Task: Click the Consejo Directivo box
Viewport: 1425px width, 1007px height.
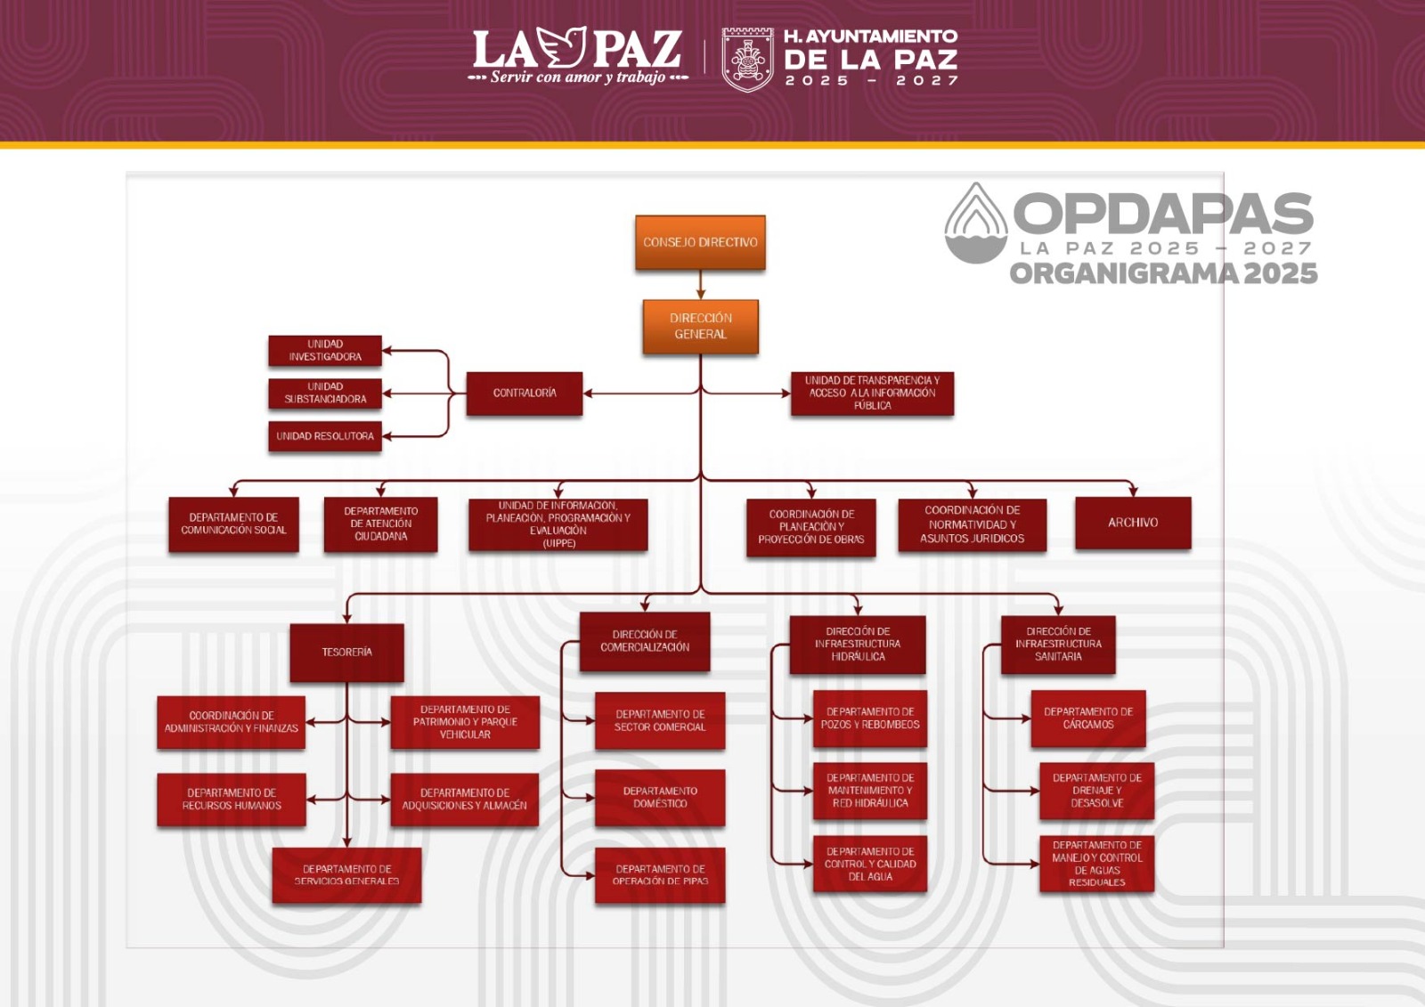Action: (x=700, y=242)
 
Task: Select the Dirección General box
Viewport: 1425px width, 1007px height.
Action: (x=700, y=326)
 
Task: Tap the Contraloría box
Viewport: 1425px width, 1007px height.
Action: (x=525, y=394)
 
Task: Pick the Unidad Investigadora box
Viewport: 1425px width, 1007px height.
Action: (x=325, y=351)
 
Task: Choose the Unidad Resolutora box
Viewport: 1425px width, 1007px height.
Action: (x=325, y=436)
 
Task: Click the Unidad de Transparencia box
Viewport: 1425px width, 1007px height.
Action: (x=872, y=394)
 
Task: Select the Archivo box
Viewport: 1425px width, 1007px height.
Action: (x=1133, y=523)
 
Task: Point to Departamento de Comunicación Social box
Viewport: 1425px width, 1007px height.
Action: (x=233, y=524)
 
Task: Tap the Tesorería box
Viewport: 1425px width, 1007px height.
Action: (x=346, y=653)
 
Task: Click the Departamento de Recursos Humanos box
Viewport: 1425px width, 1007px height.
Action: (x=232, y=800)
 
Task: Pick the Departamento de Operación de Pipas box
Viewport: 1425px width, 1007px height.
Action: (x=660, y=875)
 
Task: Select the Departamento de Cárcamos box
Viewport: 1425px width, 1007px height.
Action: (x=1088, y=719)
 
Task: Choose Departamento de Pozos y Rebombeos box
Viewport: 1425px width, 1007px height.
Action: (x=870, y=719)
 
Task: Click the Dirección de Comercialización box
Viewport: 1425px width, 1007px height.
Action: (x=645, y=641)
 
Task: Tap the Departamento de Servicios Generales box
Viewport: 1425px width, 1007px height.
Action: (x=346, y=875)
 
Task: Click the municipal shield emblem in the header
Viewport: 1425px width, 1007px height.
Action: (x=747, y=59)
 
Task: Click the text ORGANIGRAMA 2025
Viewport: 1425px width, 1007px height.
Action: (x=1163, y=273)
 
